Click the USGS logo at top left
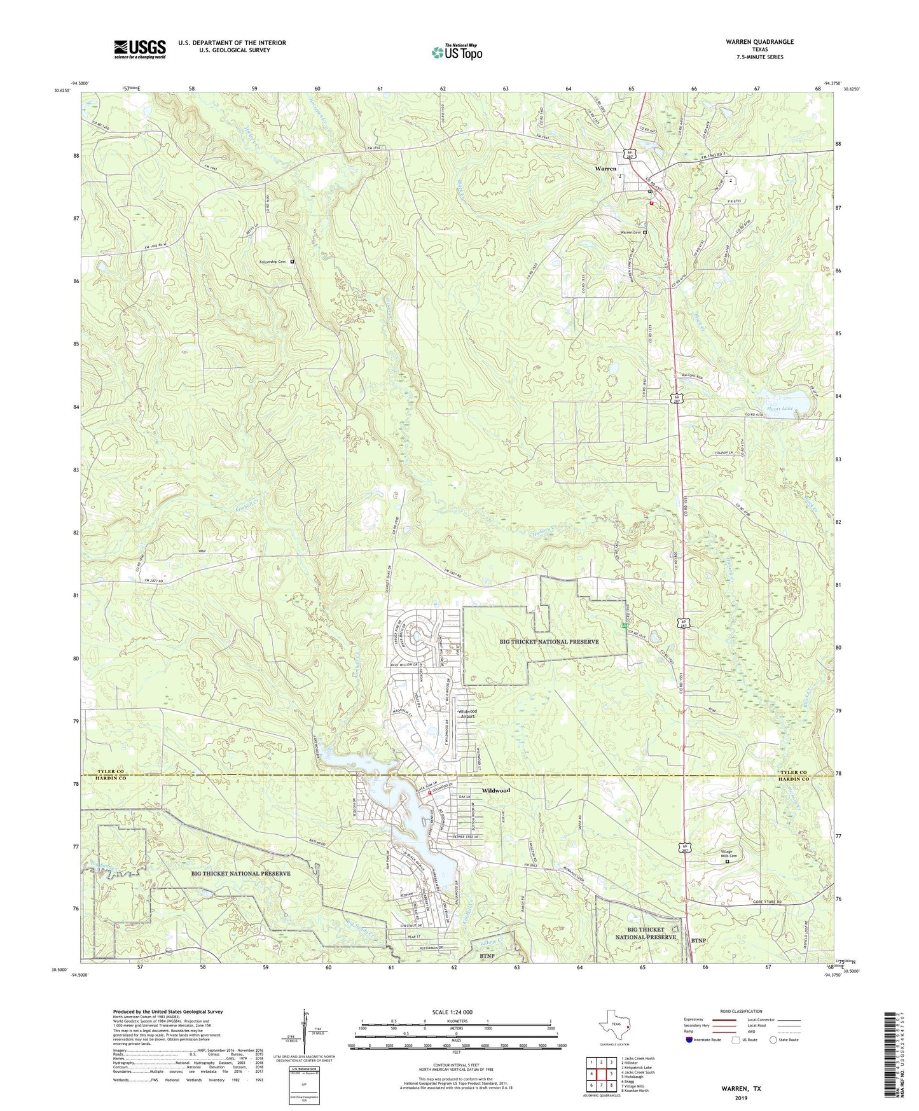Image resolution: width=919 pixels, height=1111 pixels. point(140,48)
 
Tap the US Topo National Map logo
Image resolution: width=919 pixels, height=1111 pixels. point(456,52)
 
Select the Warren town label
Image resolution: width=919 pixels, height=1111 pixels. point(605,169)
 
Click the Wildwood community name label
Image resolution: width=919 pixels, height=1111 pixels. point(495,790)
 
